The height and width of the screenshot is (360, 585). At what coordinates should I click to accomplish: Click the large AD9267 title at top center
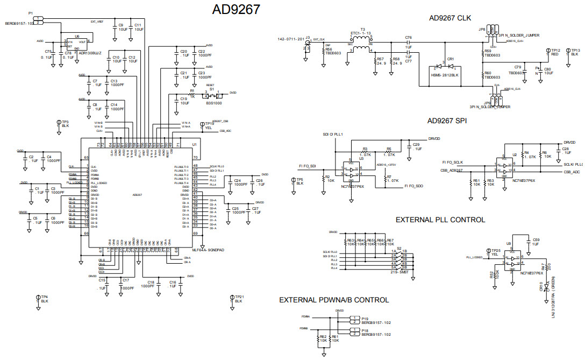(236, 9)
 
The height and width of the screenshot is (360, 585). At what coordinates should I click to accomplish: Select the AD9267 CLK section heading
(450, 18)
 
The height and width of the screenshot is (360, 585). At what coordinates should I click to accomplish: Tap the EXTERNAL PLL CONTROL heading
(440, 220)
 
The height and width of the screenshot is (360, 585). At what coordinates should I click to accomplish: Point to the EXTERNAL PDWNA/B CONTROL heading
(334, 300)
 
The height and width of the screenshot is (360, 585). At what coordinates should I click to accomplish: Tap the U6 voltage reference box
(76, 41)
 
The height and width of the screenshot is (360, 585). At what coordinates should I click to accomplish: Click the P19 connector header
(353, 320)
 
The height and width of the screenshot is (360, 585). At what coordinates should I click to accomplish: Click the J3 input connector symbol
(307, 48)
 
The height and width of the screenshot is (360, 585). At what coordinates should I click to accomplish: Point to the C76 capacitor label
(408, 38)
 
